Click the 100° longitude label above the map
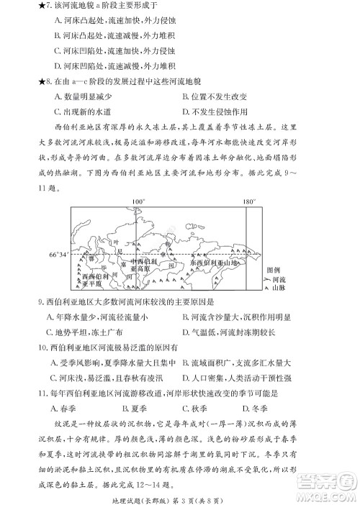pos(138,201)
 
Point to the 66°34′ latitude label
pos(59,255)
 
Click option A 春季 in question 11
pos(66,407)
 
